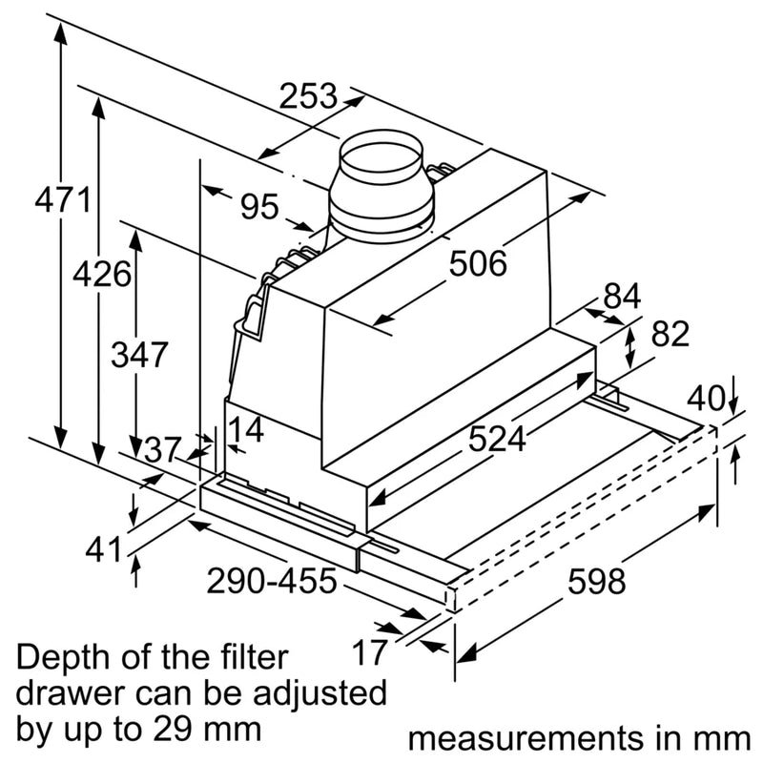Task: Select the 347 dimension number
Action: [x=139, y=355]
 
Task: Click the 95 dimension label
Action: [x=258, y=206]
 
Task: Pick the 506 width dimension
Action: [x=479, y=262]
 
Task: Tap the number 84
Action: [x=622, y=297]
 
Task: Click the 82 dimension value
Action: [x=670, y=334]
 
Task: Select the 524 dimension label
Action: [x=497, y=439]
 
